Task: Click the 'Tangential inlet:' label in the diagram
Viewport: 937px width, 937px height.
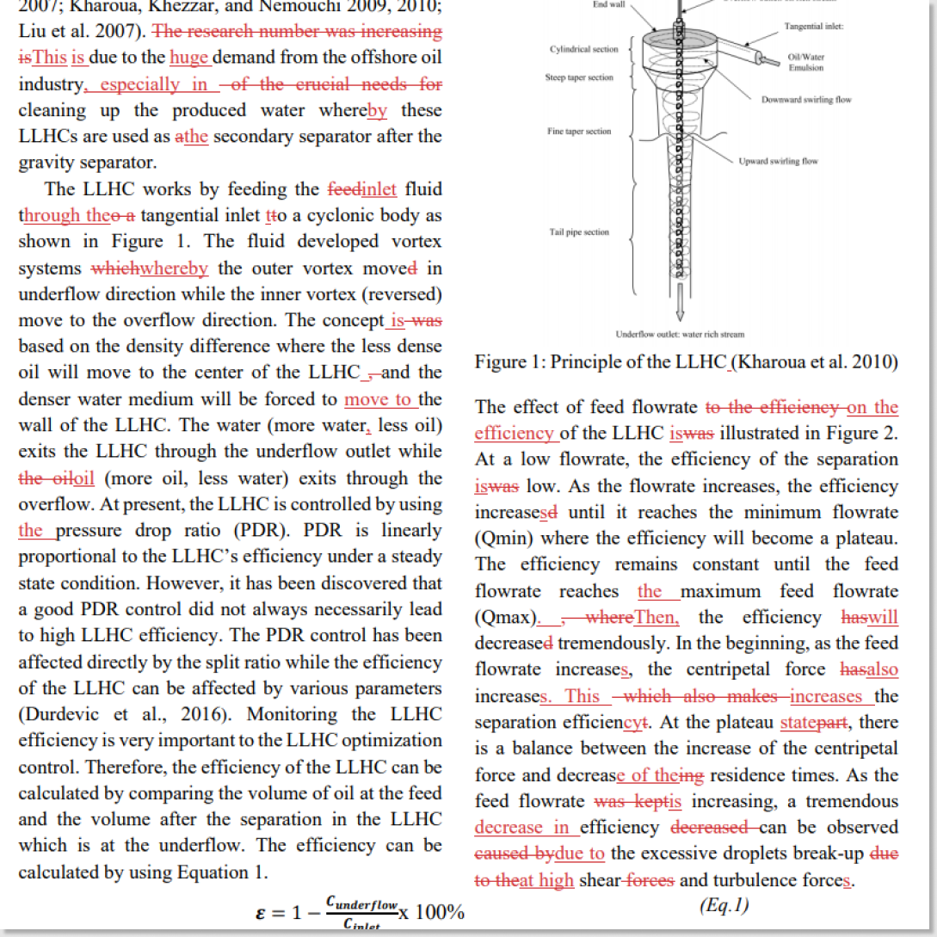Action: click(813, 27)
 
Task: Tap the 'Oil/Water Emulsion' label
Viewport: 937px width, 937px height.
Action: click(805, 63)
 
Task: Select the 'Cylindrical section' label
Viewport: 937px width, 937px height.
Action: click(583, 49)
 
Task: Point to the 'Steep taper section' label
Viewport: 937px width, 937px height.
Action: click(579, 77)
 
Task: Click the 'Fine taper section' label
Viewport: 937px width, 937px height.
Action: click(579, 132)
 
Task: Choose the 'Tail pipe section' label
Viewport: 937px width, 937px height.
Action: click(579, 232)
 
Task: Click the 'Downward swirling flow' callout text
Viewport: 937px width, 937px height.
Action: click(806, 100)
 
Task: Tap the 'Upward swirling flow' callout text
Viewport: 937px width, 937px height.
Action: click(778, 161)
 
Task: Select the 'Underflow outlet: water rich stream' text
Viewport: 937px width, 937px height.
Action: click(681, 334)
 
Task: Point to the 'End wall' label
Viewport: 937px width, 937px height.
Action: click(609, 4)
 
